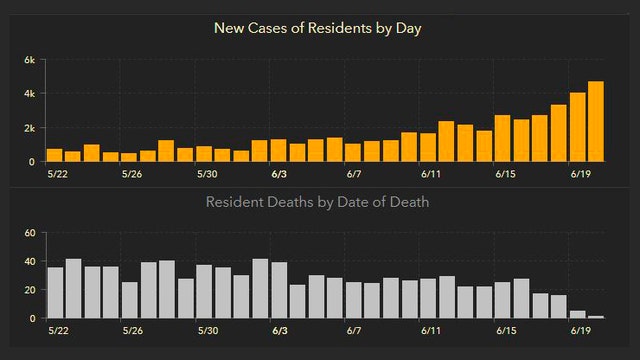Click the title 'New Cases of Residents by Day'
319,27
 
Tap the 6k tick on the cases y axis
30,60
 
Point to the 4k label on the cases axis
30,94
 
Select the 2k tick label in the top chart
30,128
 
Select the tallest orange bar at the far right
596,121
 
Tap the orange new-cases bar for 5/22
54,155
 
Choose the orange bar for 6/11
428,147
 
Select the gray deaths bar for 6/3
279,291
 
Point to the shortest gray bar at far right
596,317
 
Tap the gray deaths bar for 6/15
502,300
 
